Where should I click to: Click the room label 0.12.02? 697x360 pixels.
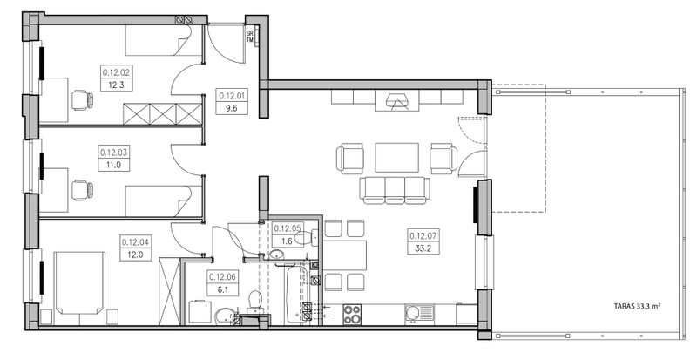(x=116, y=72)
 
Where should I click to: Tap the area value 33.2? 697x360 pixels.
(x=423, y=248)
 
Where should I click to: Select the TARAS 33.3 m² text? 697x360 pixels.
(x=637, y=306)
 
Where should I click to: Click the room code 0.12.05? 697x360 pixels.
(x=288, y=228)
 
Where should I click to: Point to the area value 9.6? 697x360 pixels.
(x=231, y=108)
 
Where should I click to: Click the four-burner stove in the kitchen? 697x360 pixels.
(x=352, y=314)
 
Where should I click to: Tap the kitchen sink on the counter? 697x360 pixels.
(x=419, y=314)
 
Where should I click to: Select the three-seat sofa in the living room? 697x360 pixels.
(x=395, y=190)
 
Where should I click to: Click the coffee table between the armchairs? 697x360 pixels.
(x=397, y=157)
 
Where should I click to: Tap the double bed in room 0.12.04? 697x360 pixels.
(x=79, y=283)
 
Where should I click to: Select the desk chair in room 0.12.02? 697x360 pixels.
(x=83, y=98)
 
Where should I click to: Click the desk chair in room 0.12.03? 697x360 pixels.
(x=83, y=189)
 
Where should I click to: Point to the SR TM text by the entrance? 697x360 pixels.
(x=250, y=36)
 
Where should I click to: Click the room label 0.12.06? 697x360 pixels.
(x=224, y=277)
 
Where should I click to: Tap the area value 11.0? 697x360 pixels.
(x=114, y=166)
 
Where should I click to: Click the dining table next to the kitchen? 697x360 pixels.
(x=344, y=255)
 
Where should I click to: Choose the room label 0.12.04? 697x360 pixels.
(x=137, y=242)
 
